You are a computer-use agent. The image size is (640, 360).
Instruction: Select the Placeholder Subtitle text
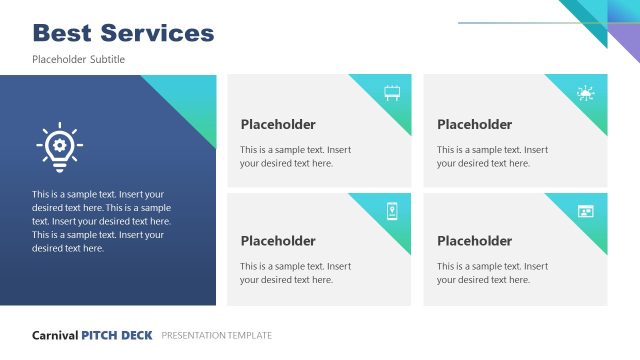point(78,60)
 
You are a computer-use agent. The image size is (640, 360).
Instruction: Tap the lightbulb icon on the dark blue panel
point(59,146)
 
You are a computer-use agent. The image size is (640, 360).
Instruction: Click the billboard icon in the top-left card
point(393,93)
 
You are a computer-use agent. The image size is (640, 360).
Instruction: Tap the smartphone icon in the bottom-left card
point(393,210)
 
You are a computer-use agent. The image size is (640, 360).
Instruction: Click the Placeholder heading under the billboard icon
point(278,125)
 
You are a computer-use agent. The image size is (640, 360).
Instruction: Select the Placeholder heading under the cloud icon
point(474,125)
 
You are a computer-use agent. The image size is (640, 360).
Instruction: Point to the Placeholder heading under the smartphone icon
point(278,241)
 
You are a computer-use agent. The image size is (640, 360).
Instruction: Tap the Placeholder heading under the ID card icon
point(474,241)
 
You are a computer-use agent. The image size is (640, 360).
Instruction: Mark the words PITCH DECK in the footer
point(117,335)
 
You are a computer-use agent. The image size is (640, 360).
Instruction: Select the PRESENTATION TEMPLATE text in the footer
point(216,335)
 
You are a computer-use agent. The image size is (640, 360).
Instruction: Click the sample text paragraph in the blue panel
point(101,221)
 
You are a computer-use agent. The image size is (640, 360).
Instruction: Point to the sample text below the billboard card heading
point(295,157)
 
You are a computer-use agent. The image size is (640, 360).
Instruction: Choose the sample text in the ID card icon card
point(492,273)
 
